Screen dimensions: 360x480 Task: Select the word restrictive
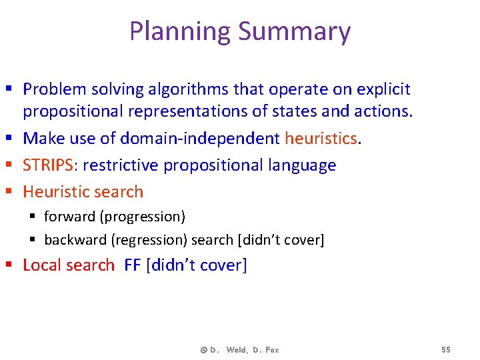click(121, 165)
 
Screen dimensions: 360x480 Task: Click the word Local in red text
click(41, 265)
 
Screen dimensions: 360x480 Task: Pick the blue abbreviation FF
click(133, 265)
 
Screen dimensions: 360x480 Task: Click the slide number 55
click(446, 350)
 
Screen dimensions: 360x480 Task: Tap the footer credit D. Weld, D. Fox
click(239, 350)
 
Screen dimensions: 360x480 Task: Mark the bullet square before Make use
click(13, 139)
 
